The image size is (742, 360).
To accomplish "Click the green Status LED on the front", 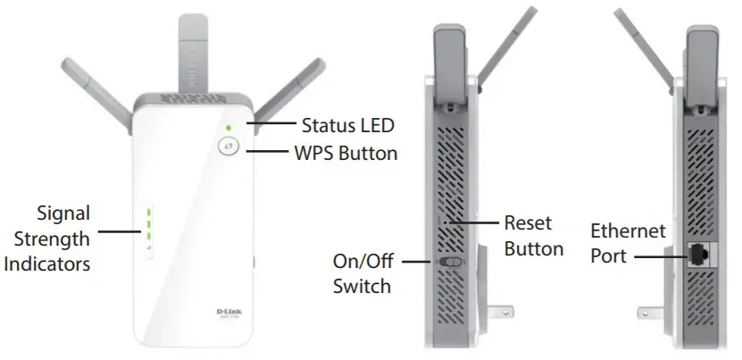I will click(229, 128).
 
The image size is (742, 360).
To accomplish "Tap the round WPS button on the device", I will click(229, 148).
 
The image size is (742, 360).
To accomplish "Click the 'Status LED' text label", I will click(347, 125).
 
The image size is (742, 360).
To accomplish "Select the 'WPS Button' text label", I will click(346, 153).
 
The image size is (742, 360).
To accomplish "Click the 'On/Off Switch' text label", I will click(362, 274).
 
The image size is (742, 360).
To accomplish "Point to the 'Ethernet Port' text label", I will click(628, 243).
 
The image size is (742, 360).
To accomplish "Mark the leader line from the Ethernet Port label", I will click(662, 255).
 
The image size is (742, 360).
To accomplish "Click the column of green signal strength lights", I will click(149, 225).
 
